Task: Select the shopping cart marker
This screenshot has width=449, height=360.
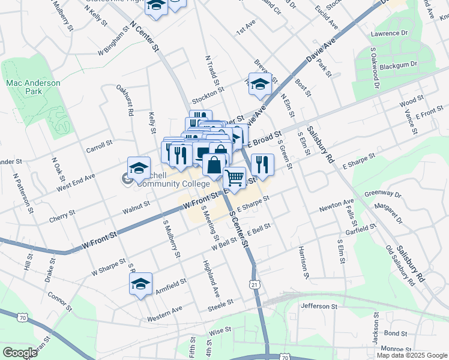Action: click(x=234, y=178)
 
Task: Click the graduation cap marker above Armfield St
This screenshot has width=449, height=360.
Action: click(x=140, y=284)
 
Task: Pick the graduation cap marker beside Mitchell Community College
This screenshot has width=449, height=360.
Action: click(x=139, y=168)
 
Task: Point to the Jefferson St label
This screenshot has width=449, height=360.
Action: click(x=319, y=306)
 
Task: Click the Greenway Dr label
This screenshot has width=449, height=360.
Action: click(x=382, y=194)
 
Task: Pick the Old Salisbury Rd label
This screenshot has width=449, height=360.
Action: click(x=400, y=265)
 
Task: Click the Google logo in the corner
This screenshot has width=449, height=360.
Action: click(x=20, y=353)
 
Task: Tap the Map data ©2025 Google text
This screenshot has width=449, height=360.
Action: click(x=411, y=355)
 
